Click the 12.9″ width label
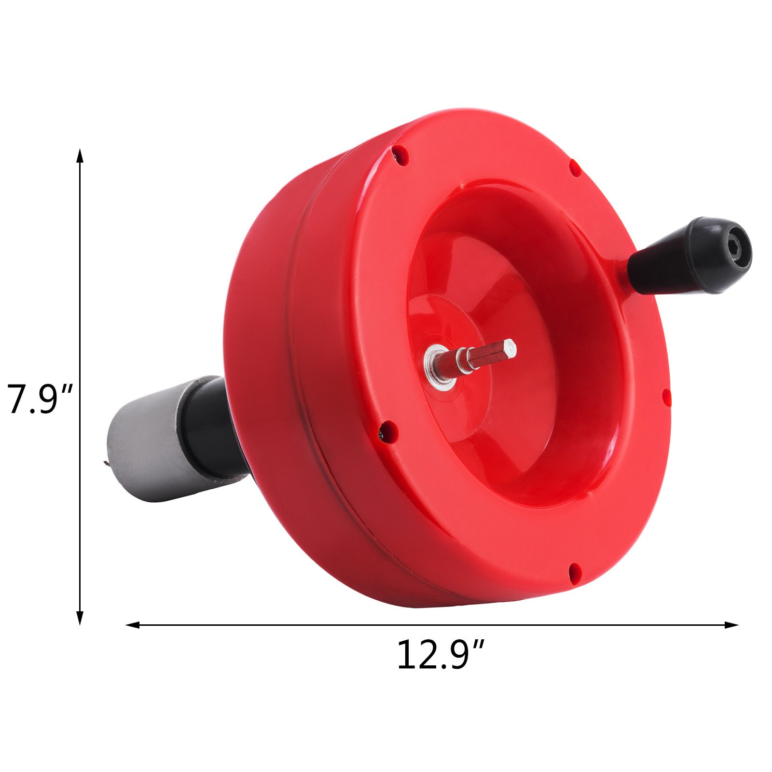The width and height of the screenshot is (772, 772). (440, 655)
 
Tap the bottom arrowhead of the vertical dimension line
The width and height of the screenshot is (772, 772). (80, 618)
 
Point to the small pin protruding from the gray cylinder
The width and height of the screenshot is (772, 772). (106, 464)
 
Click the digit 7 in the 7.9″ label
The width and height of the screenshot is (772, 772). (16, 400)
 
